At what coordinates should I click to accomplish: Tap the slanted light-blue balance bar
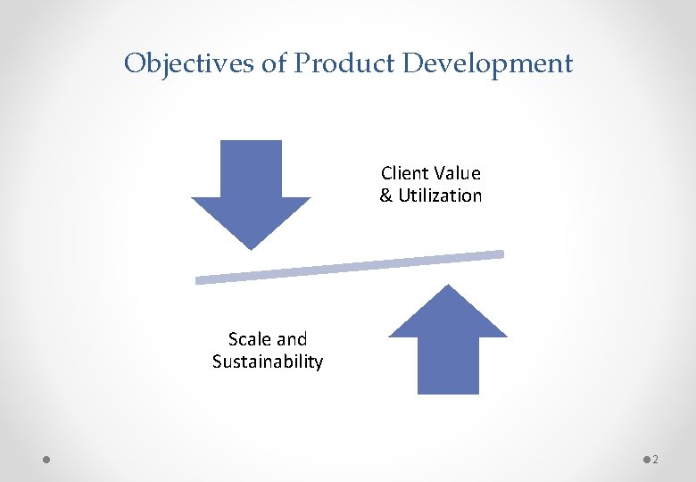[350, 267]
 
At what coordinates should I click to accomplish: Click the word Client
[404, 173]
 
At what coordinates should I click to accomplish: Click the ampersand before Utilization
[386, 196]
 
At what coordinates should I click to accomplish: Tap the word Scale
[250, 339]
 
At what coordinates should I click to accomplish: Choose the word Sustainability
[268, 362]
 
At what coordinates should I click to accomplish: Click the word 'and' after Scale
[292, 339]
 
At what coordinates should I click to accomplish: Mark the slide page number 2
[656, 460]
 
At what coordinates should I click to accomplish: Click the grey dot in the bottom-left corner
[46, 460]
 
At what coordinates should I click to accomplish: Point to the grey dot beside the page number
[646, 460]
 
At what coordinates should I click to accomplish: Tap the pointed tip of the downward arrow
[252, 247]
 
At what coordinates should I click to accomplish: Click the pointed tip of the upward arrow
[448, 287]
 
